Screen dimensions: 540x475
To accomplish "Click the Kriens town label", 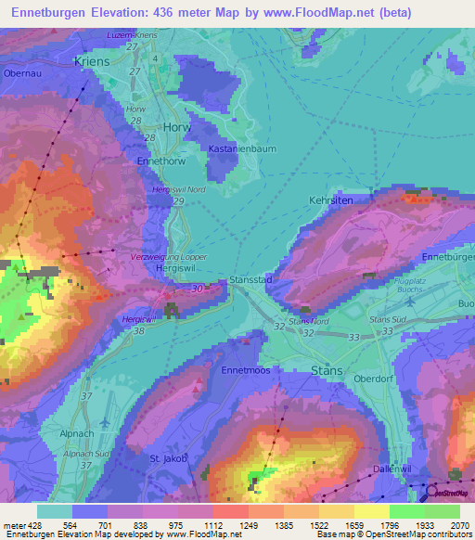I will pos(91,61).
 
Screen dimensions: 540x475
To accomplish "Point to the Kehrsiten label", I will pos(332,199).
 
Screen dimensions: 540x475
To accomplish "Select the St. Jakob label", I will pos(169,458).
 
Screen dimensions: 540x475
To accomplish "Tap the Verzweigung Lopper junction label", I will pos(169,255).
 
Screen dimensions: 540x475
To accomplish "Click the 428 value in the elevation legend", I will pos(28,525).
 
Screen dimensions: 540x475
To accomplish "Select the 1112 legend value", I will pos(212,525).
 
